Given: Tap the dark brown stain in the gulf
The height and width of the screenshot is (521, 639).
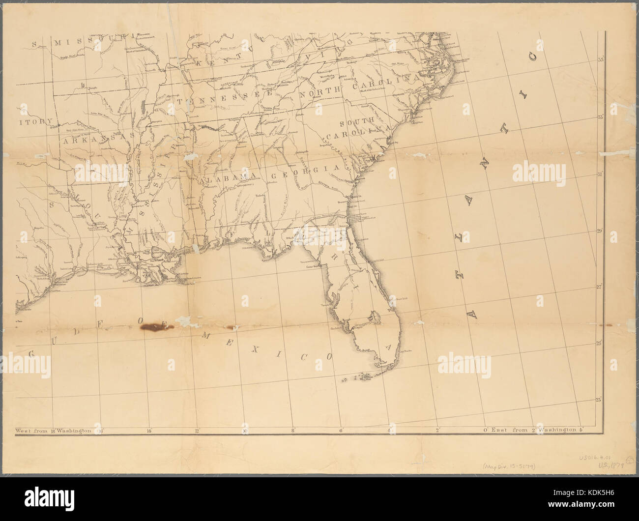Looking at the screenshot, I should pos(153,326).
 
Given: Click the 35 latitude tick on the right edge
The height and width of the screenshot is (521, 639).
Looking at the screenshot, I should pos(600,60).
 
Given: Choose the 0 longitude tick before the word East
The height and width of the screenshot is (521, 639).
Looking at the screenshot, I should pos(485,431).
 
